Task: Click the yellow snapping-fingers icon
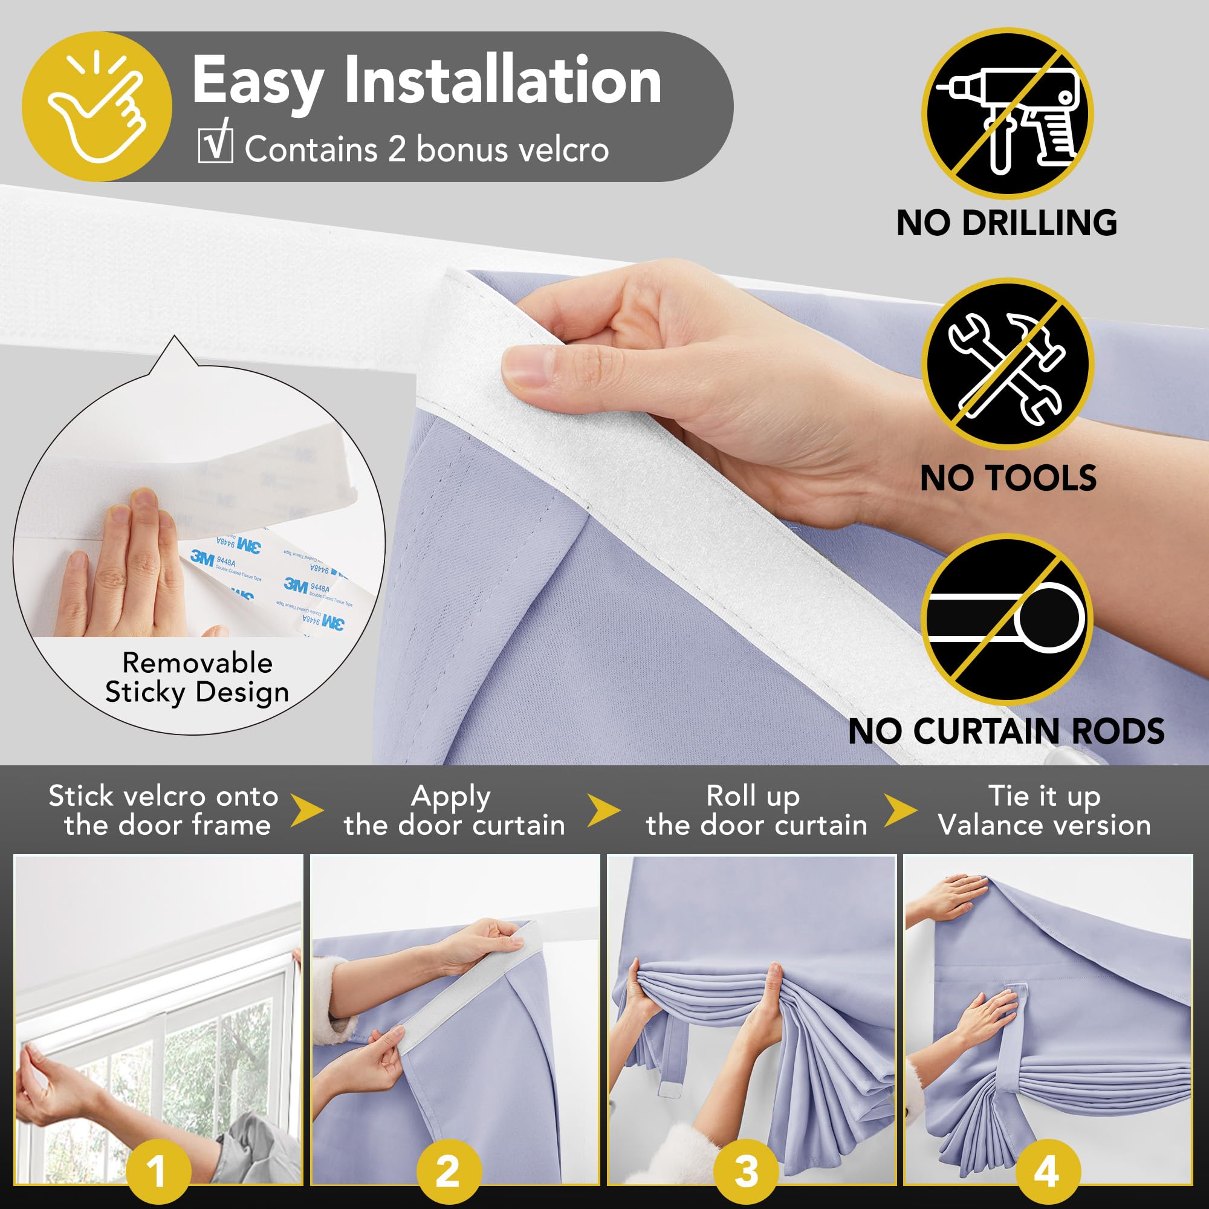coord(97,107)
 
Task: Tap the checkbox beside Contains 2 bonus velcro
coord(215,146)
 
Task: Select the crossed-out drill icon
coord(1007,112)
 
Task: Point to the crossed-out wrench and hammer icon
coord(1007,363)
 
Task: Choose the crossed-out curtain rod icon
coord(1007,618)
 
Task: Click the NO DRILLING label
coord(1006,223)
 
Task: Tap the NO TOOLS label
coord(1008,478)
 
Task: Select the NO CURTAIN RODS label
coord(1006,731)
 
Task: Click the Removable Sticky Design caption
coord(197,678)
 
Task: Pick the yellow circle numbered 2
coord(449,1171)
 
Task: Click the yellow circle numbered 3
coord(746,1171)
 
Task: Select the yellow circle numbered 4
coord(1046,1171)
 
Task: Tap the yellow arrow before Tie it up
coord(901,811)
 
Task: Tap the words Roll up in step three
coord(753,797)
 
